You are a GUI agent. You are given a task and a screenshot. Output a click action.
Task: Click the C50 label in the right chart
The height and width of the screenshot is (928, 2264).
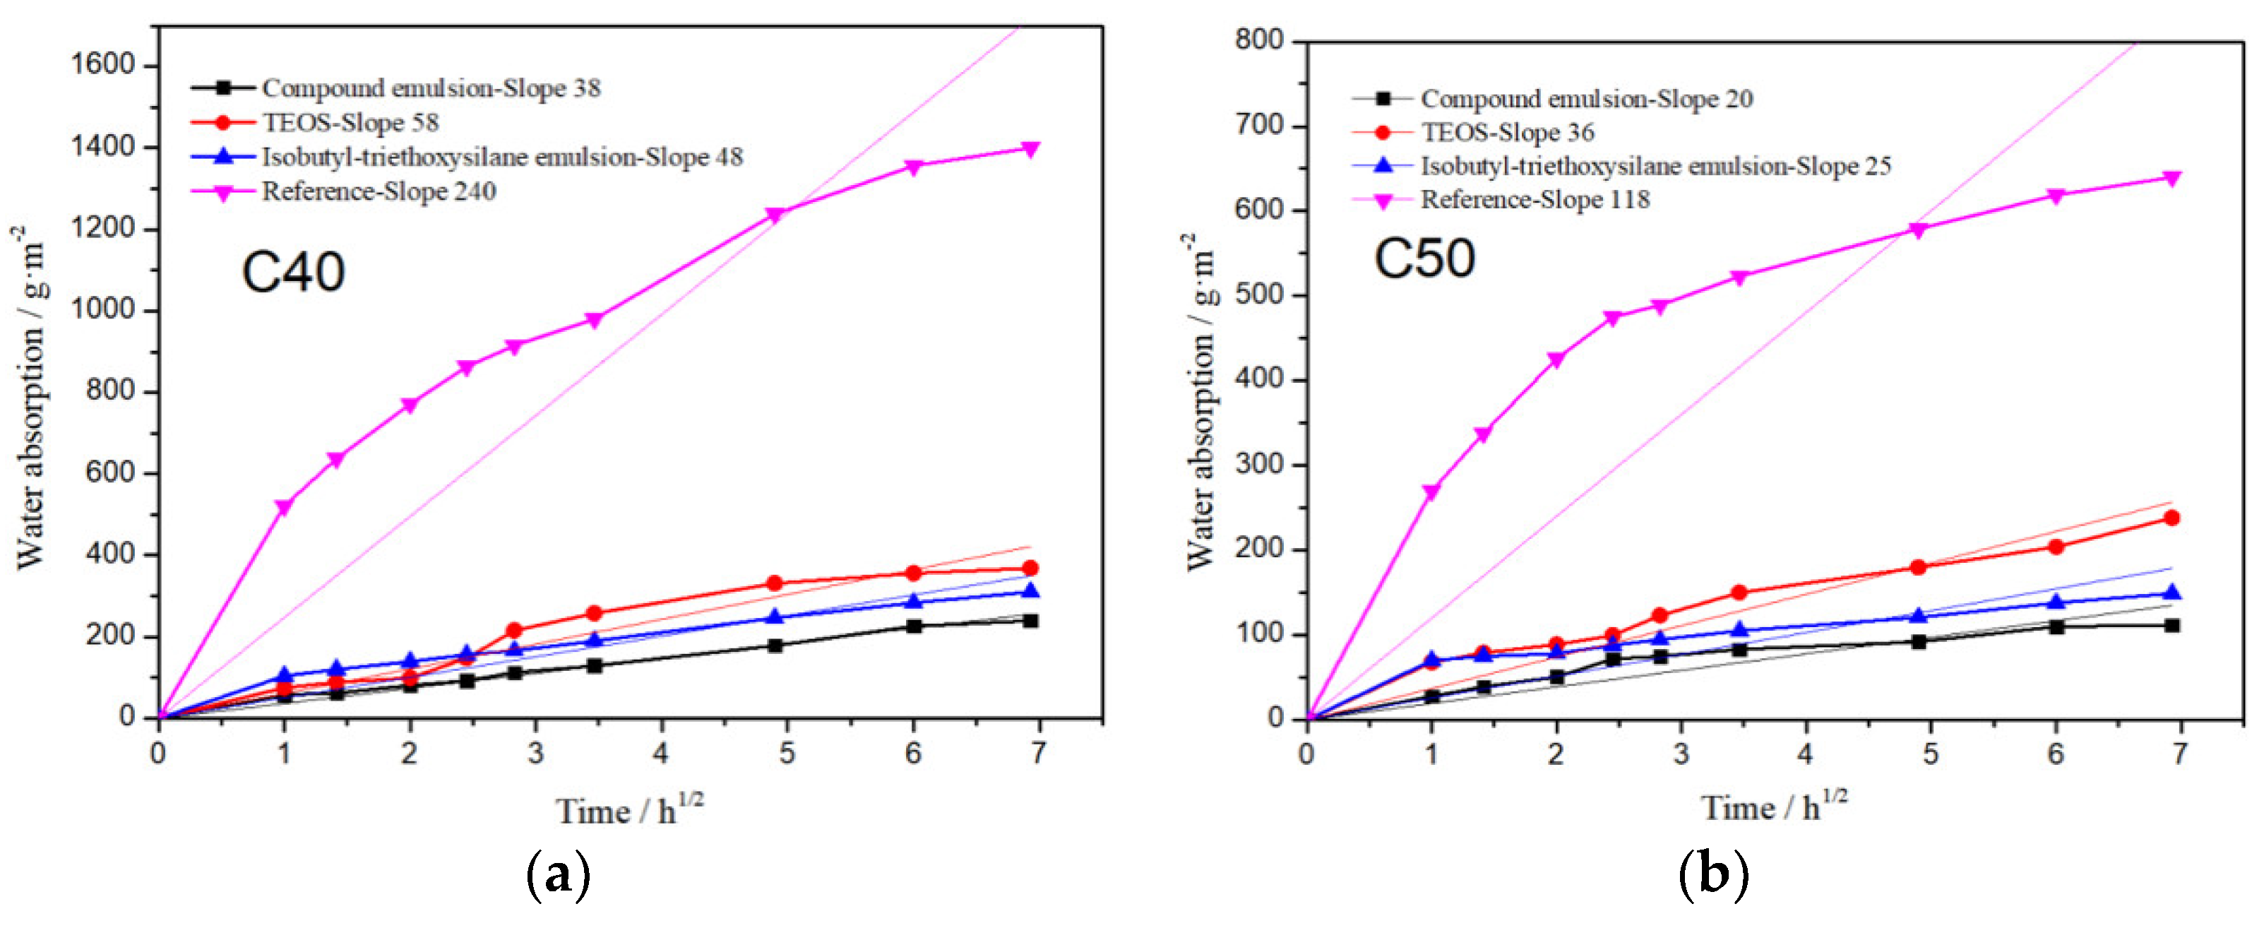(x=1424, y=258)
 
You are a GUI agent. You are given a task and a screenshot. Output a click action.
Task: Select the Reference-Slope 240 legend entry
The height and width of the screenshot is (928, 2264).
(x=378, y=191)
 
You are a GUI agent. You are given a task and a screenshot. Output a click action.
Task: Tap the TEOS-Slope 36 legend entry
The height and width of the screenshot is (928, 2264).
(x=1506, y=133)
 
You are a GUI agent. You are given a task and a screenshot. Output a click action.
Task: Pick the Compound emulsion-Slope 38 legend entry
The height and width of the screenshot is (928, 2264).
(x=431, y=88)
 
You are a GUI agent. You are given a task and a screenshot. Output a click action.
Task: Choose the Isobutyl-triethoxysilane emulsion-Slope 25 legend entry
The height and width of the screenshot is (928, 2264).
(x=1655, y=166)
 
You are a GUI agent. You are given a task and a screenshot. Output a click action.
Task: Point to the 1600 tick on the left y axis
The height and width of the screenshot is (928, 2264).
(x=103, y=65)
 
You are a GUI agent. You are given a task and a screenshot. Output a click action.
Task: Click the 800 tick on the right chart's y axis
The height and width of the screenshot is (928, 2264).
(x=1258, y=40)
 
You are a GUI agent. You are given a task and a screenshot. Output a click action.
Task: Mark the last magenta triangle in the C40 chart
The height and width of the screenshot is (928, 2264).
(x=1031, y=150)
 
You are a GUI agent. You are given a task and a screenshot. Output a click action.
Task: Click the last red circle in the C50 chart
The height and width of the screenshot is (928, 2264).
(x=2171, y=518)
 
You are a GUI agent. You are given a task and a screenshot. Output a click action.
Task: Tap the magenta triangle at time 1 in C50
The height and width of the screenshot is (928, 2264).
(x=1431, y=492)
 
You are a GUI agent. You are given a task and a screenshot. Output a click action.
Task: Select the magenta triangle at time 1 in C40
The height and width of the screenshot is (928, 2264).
(x=284, y=507)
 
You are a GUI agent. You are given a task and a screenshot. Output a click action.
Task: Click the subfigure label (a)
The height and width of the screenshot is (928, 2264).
(x=558, y=875)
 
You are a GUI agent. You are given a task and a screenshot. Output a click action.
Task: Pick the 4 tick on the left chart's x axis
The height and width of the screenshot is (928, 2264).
(x=661, y=753)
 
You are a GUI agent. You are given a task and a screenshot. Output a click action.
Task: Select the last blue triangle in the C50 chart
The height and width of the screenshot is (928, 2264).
(x=2171, y=593)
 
